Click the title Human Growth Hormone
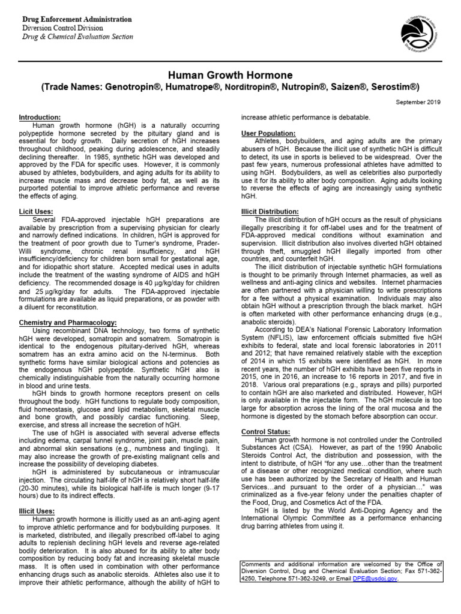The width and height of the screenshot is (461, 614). point(230,76)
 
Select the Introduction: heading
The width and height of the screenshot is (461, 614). point(40,117)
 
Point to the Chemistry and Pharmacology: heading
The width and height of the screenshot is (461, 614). point(67,323)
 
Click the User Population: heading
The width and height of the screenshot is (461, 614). point(268,133)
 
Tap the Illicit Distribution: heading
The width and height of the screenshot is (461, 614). point(270,212)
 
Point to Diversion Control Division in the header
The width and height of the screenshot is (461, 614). point(62,28)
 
